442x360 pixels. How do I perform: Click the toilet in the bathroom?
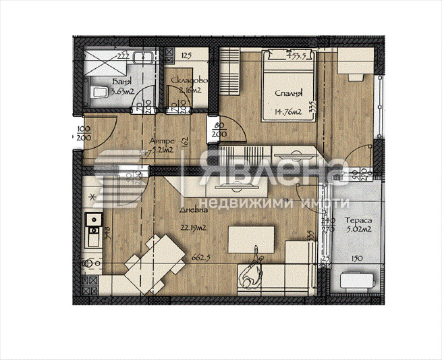pyautogui.click(x=95, y=91)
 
